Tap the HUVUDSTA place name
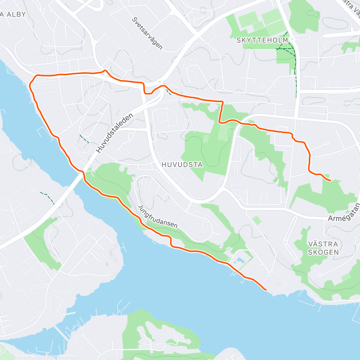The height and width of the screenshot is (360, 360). point(182,165)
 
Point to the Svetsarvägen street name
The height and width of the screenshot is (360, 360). point(147,33)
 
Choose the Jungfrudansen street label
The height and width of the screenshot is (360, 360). point(158,217)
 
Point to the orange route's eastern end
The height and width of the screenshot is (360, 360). point(330,181)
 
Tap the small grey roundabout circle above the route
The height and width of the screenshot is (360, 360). point(160,82)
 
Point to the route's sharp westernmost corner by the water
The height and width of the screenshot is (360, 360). point(30,85)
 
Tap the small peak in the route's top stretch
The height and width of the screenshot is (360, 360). point(105,71)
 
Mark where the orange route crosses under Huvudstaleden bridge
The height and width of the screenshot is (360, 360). point(83,172)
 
